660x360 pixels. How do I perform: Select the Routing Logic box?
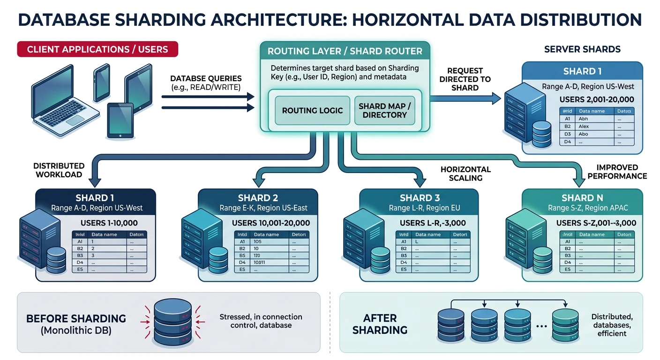tap(312, 111)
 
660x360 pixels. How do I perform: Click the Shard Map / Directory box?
tap(384, 111)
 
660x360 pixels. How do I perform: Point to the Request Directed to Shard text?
tap(465, 79)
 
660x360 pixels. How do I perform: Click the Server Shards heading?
tap(582, 49)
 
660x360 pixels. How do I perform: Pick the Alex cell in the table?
tap(584, 127)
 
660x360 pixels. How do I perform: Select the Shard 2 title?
tap(258, 198)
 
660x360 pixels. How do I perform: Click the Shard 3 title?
tap(420, 198)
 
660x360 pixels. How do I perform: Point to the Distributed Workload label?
tap(59, 170)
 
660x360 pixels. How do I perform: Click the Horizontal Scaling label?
tap(465, 174)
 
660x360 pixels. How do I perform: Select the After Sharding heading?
tap(380, 323)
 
